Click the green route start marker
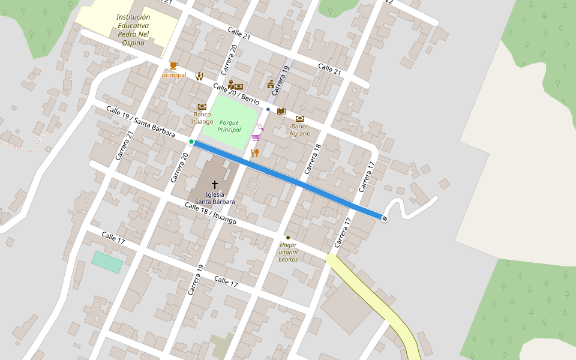[x=191, y=142]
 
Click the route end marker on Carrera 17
[x=384, y=218]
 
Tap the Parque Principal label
[x=229, y=126]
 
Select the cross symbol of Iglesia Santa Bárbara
[x=214, y=185]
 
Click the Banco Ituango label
[x=202, y=118]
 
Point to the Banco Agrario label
[x=300, y=130]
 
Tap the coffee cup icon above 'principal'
[x=173, y=65]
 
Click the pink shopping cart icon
[x=256, y=137]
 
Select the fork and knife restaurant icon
[x=255, y=152]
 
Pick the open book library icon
[x=281, y=111]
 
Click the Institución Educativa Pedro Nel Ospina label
[x=133, y=30]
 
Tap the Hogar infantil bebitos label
[x=288, y=252]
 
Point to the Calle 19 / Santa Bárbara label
[x=140, y=121]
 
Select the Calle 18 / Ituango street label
[x=211, y=214]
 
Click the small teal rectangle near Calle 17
[x=107, y=262]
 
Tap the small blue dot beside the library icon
[x=268, y=110]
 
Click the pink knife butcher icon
[x=260, y=127]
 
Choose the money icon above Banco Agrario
[x=300, y=119]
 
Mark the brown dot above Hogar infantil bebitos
[x=288, y=238]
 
